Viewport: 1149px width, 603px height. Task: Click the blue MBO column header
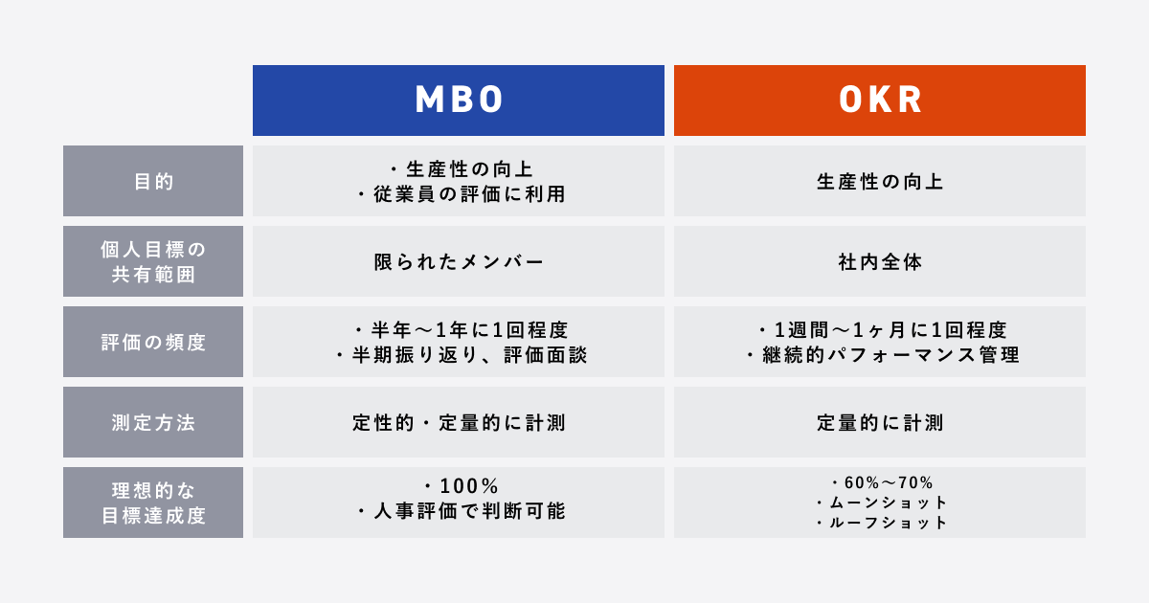[459, 100]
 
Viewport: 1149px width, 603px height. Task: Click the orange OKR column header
[880, 100]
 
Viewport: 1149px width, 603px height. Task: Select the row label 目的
[153, 181]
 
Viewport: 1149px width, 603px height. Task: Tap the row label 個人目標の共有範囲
[153, 261]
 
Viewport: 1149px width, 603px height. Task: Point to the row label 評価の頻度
[153, 342]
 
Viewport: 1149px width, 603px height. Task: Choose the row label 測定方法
[153, 422]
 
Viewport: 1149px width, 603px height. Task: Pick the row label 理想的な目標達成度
[153, 502]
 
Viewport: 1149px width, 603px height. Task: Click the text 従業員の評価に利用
[467, 194]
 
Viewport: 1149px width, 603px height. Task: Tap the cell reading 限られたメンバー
[459, 261]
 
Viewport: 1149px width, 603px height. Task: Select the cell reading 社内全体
[880, 261]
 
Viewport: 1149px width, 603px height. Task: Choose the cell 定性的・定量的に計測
[459, 422]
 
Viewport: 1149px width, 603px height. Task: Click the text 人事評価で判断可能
[468, 511]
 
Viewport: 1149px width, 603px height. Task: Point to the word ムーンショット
[888, 502]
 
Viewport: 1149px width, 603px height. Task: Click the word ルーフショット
[888, 523]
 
